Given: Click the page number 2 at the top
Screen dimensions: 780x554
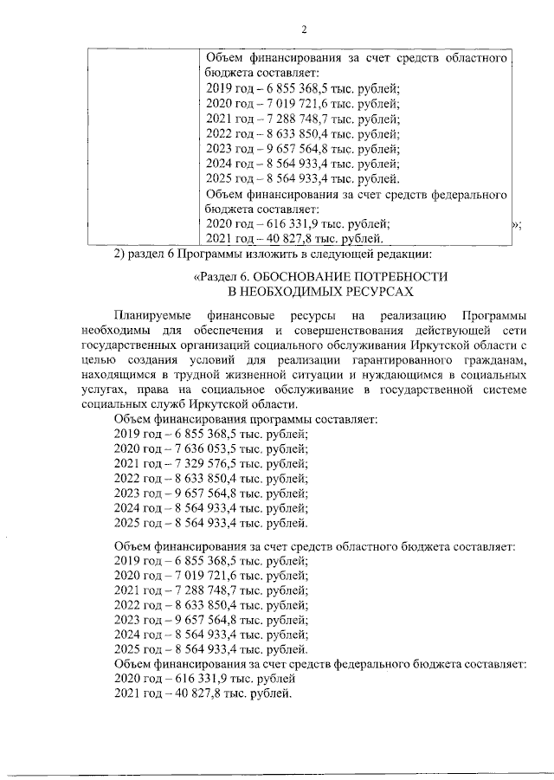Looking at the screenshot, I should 304,29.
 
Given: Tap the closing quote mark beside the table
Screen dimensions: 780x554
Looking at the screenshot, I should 515,225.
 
